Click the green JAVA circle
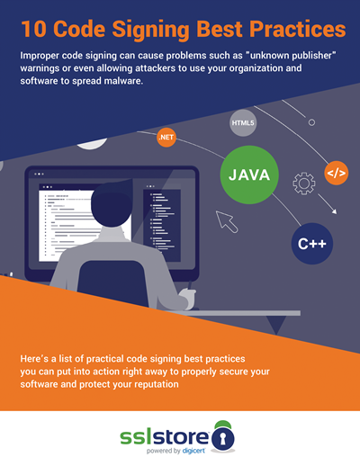pyautogui.click(x=249, y=175)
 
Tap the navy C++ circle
pyautogui.click(x=312, y=244)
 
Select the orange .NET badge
pyautogui.click(x=166, y=138)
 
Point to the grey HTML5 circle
pyautogui.click(x=243, y=123)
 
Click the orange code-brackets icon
pyautogui.click(x=337, y=173)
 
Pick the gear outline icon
pyautogui.click(x=304, y=184)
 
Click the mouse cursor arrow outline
pyautogui.click(x=226, y=221)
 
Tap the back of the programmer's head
pyautogui.click(x=112, y=204)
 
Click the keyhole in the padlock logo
pyautogui.click(x=223, y=438)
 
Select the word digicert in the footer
pyautogui.click(x=193, y=451)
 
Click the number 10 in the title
pyautogui.click(x=33, y=29)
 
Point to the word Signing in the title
pyautogui.click(x=150, y=30)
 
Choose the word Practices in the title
pyautogui.click(x=298, y=29)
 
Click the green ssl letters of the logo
pyautogui.click(x=136, y=437)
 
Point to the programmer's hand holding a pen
pyautogui.click(x=188, y=298)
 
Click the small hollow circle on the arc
pyautogui.click(x=311, y=122)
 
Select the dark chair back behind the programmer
pyautogui.click(x=112, y=283)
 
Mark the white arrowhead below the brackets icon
pyautogui.click(x=334, y=211)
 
